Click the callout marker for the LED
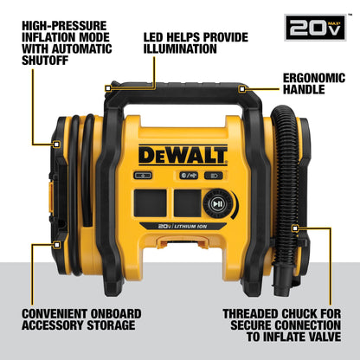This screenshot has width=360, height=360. point(108,87)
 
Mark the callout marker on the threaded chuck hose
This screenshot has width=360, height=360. point(296,228)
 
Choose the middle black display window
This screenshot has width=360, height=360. point(183,203)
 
